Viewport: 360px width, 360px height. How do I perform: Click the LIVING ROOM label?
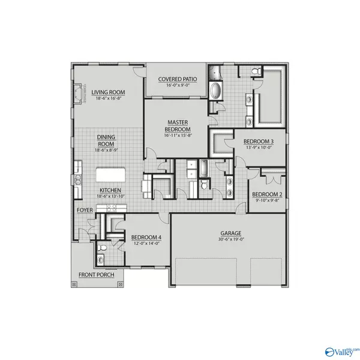click(107, 91)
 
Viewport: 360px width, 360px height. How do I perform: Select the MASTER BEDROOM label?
click(178, 125)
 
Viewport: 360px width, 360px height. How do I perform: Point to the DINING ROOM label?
click(106, 140)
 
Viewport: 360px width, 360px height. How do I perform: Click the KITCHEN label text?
click(110, 191)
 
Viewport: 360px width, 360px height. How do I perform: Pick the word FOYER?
click(83, 210)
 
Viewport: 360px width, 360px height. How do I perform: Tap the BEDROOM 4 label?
click(146, 238)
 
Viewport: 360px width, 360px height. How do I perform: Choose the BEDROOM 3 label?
click(259, 142)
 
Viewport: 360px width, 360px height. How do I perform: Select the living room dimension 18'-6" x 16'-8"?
click(107, 98)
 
